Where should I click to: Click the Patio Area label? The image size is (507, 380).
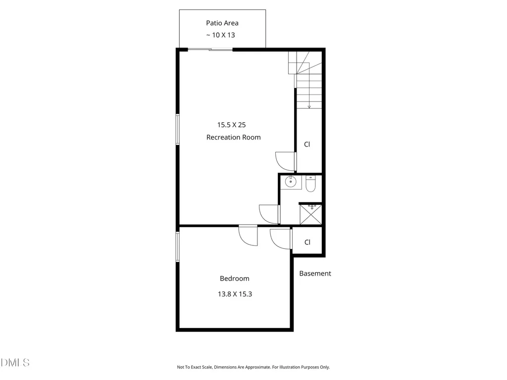coord(222,23)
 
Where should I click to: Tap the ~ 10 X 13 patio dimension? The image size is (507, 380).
coord(220,35)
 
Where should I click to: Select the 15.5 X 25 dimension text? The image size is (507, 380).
coord(232,125)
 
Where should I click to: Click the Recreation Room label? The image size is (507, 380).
coord(234,138)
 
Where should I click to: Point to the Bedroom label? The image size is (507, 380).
coord(234,279)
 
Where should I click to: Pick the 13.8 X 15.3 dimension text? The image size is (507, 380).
coord(235,294)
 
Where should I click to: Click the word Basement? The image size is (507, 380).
coord(315,273)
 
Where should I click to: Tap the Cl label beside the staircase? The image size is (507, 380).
coord(307,144)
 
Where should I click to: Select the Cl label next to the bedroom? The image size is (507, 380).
coord(307,242)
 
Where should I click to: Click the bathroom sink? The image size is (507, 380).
coord(291,182)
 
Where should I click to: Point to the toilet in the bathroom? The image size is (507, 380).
coord(311,184)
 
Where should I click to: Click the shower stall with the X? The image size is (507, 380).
coord(311,214)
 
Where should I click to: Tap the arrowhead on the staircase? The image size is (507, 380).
coord(309,107)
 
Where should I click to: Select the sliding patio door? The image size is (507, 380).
coord(210,49)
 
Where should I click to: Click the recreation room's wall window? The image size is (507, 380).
coord(178,129)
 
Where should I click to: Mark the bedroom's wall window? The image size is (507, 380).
coord(178,246)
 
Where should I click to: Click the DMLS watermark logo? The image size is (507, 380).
coord(15,363)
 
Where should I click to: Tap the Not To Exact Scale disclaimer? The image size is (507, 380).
coord(253,367)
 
